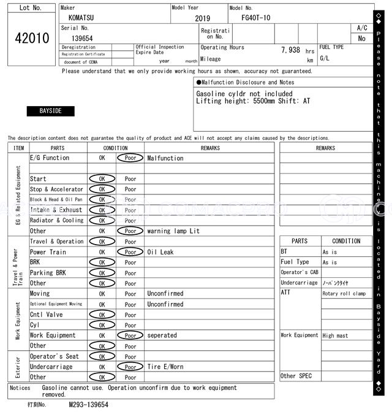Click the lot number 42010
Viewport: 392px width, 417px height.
[x=32, y=39]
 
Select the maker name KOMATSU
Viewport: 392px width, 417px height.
[x=81, y=18]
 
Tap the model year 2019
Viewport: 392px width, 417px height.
[x=202, y=18]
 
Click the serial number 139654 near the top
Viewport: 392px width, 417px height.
[x=78, y=38]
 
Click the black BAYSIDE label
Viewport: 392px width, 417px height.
[x=51, y=111]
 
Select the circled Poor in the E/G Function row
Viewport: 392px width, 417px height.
[x=130, y=158]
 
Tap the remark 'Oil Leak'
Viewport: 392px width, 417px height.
[x=160, y=252]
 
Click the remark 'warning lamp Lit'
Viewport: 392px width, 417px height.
[x=173, y=231]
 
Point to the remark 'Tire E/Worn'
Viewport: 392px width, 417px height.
[x=165, y=367]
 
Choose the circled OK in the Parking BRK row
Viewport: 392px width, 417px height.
[x=102, y=273]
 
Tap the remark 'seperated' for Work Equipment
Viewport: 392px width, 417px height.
[x=162, y=335]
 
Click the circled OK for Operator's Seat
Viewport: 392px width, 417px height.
[x=102, y=356]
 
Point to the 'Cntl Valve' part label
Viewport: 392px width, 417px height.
[x=47, y=315]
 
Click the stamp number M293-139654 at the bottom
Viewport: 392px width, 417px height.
[x=88, y=405]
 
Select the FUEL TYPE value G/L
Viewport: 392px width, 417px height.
[x=324, y=58]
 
